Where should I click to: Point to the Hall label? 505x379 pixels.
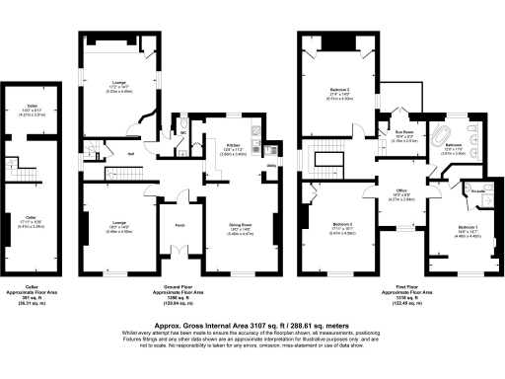coord(130,153)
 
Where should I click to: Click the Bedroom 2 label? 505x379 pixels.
coord(340,89)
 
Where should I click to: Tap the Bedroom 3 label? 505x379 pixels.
coord(341,223)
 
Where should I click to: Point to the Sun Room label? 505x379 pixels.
coord(403,131)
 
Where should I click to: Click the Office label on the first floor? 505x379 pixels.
coord(401,189)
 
